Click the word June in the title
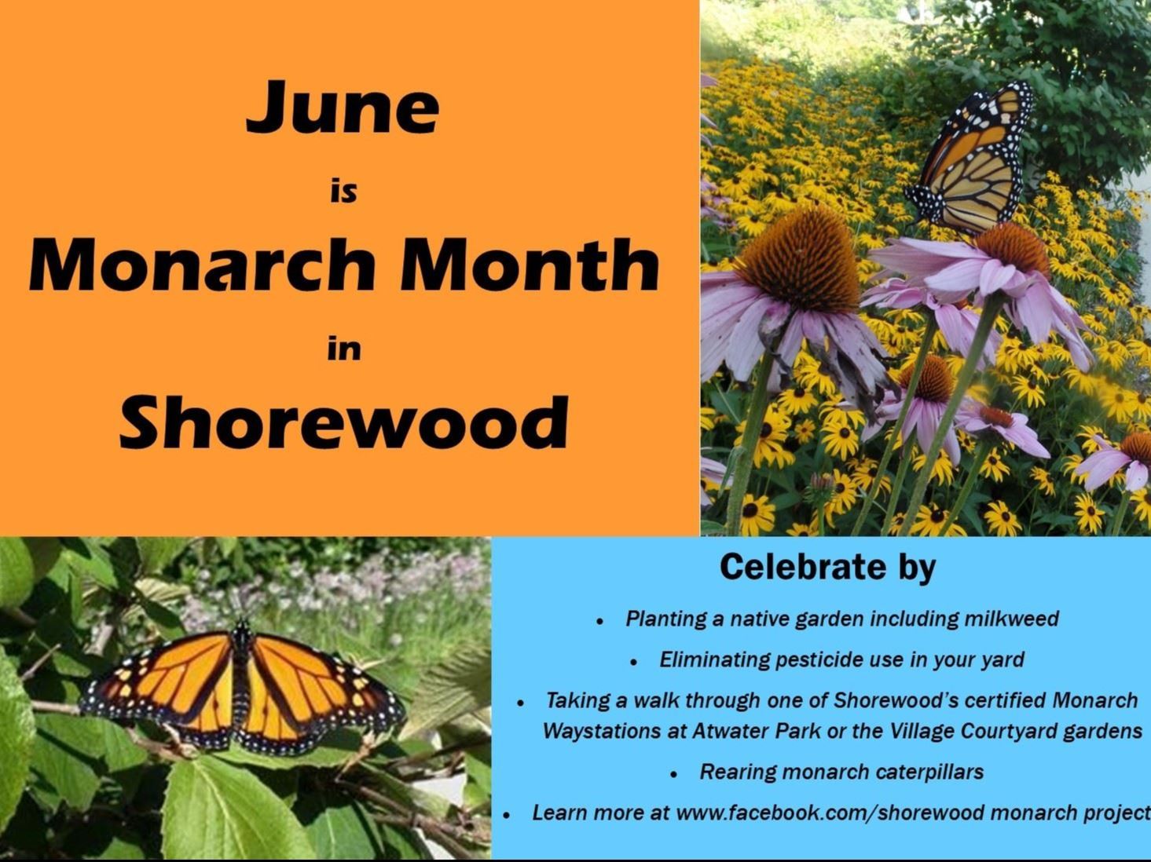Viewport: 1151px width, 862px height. pos(343,108)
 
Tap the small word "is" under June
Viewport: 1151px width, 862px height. pos(343,190)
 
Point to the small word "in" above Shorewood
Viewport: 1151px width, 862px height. pos(344,348)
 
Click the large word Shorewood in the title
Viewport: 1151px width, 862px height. pos(344,422)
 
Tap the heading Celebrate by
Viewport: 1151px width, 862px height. pos(827,567)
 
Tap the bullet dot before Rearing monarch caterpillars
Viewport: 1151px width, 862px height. pos(674,774)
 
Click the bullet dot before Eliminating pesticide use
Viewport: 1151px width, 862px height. pos(634,662)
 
